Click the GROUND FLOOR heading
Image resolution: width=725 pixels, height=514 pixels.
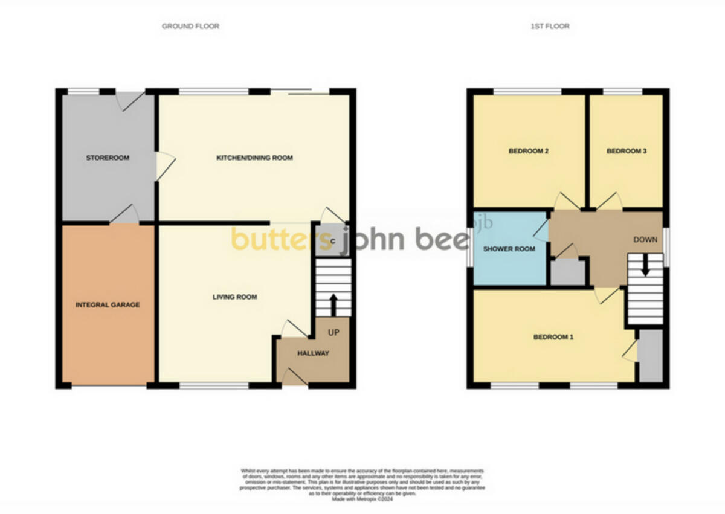(x=190, y=26)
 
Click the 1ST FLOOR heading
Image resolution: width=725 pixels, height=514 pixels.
(x=550, y=26)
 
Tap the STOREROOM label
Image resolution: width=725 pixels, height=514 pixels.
(x=108, y=158)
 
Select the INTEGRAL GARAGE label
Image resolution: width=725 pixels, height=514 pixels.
(x=108, y=305)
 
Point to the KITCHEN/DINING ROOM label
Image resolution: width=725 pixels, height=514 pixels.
(x=254, y=158)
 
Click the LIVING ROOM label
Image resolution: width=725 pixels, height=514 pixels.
(x=234, y=297)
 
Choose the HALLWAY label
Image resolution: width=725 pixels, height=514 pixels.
(x=313, y=353)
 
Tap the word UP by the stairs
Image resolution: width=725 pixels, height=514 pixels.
(x=333, y=333)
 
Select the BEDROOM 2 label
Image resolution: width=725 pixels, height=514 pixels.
(x=528, y=152)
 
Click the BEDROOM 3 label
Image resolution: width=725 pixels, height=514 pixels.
(x=627, y=152)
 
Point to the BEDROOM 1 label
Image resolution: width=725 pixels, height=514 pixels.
(x=553, y=337)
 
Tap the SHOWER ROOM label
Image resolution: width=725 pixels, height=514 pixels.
(x=509, y=249)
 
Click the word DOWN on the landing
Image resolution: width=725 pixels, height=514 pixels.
(x=645, y=240)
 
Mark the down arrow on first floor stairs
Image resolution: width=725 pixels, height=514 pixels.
(x=645, y=266)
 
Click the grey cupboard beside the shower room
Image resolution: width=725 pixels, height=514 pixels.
(x=568, y=272)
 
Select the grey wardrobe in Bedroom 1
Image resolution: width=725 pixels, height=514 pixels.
(x=651, y=356)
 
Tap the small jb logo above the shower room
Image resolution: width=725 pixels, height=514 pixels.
(x=486, y=222)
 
